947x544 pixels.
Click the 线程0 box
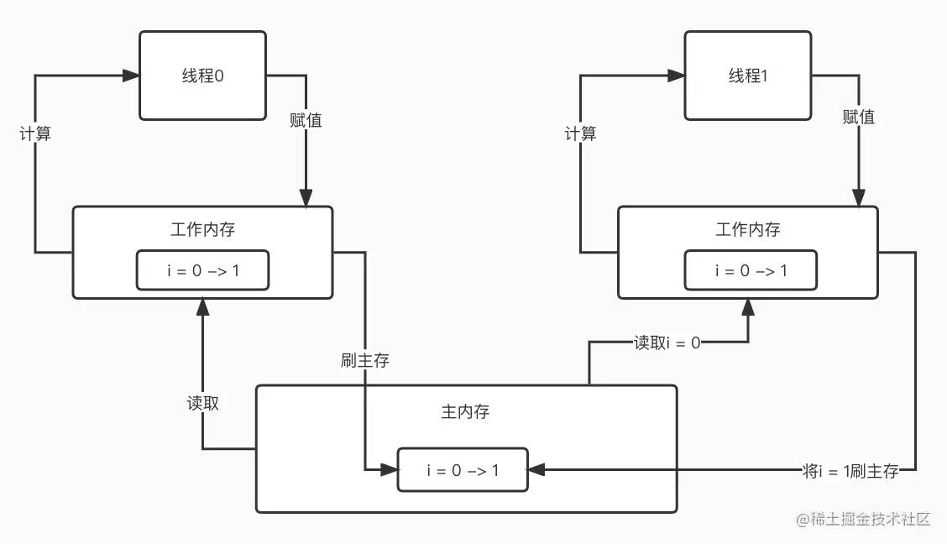click(202, 76)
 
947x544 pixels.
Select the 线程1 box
click(748, 76)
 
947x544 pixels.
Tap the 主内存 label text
click(465, 411)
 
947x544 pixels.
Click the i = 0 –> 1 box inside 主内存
click(463, 470)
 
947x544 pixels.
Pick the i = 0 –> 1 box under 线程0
click(202, 270)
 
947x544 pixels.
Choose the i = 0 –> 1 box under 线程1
click(748, 270)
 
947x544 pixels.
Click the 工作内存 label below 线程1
click(748, 229)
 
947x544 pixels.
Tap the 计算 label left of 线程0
click(35, 133)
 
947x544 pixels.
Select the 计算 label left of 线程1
click(580, 133)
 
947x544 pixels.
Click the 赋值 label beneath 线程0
click(306, 120)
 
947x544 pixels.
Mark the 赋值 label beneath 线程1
click(858, 117)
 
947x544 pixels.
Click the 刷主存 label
click(365, 360)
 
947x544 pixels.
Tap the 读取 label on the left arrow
click(203, 403)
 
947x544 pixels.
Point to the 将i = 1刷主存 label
click(850, 471)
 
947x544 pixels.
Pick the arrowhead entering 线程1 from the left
click(676, 76)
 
